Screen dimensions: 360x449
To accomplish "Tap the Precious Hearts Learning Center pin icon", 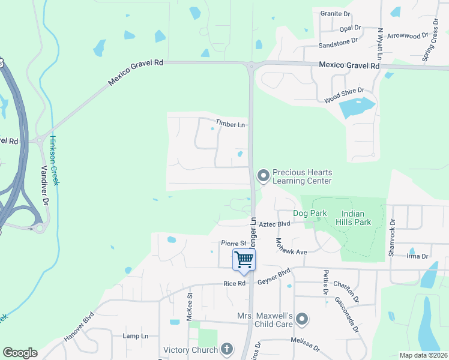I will [x=263, y=176].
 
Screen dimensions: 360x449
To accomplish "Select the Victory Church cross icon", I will [x=226, y=349].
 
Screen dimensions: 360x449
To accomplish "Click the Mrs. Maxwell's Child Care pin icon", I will [x=302, y=319].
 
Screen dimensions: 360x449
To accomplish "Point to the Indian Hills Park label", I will [x=357, y=218].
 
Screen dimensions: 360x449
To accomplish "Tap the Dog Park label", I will [x=310, y=213].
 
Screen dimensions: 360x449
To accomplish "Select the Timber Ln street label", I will [x=231, y=125].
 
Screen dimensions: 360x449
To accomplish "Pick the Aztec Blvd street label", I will [x=276, y=223].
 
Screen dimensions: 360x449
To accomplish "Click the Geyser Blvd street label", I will [x=274, y=271].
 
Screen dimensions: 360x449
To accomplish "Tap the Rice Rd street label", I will [x=234, y=283].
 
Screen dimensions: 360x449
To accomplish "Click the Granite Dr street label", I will [x=335, y=13].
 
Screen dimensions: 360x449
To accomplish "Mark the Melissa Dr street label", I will [x=307, y=343].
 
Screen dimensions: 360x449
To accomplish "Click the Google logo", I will [x=20, y=353].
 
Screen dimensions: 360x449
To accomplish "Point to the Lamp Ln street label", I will [x=135, y=336].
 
